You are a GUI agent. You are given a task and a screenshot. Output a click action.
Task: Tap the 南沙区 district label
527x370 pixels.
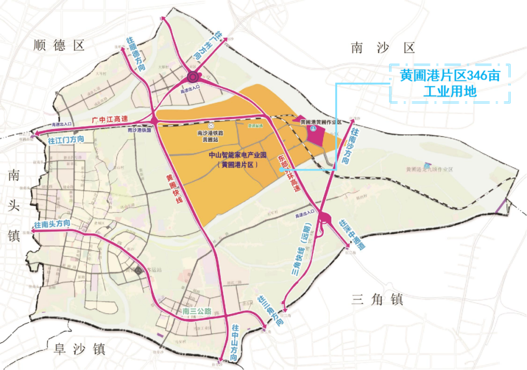point(383,48)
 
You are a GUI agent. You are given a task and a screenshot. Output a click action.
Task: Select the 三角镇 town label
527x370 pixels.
point(377,299)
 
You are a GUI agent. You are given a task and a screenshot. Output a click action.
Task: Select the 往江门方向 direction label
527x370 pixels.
point(66,139)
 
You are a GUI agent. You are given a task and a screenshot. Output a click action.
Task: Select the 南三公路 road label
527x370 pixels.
point(197,311)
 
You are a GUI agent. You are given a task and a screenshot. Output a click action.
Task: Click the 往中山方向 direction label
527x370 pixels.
point(235,343)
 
